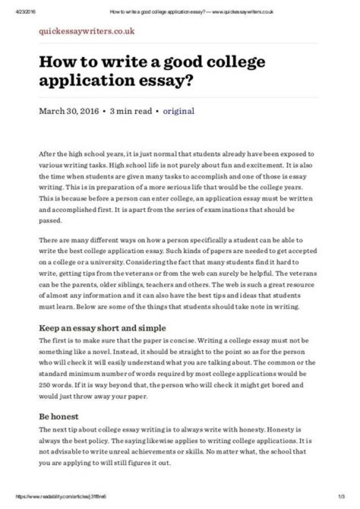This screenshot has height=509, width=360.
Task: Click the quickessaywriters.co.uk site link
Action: [86, 31]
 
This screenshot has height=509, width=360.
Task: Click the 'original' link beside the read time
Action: [178, 111]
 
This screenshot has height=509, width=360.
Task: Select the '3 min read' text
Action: [130, 111]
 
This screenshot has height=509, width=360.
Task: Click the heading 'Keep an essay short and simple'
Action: [102, 328]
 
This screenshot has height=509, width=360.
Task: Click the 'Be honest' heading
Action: [59, 416]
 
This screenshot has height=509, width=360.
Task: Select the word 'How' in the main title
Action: [55, 62]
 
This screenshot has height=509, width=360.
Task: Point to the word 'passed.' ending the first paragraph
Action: [50, 220]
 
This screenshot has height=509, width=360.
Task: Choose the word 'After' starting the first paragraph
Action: [48, 154]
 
